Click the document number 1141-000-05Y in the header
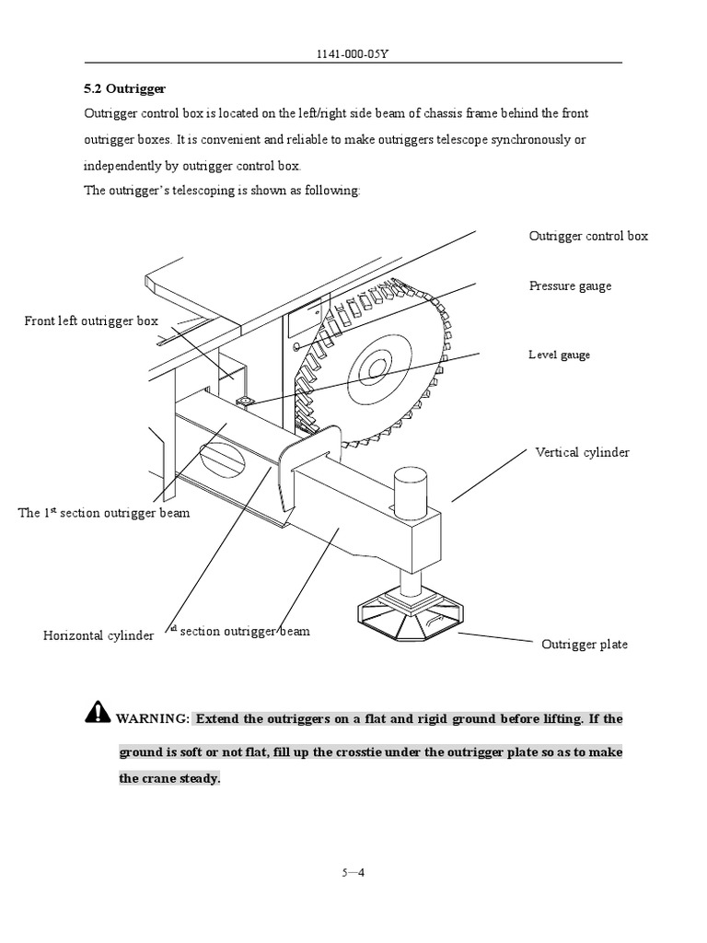(x=353, y=54)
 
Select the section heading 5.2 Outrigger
(x=123, y=89)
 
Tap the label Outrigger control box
(x=588, y=236)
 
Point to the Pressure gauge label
(x=570, y=285)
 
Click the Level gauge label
(x=559, y=355)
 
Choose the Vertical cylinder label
(x=582, y=452)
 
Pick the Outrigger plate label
(x=584, y=644)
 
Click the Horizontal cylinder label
(x=99, y=635)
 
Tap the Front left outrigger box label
(x=91, y=320)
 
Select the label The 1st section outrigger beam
(x=104, y=512)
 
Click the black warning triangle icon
(x=97, y=712)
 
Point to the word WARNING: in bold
(x=153, y=719)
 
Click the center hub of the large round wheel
(x=375, y=369)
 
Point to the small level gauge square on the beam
(x=246, y=402)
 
